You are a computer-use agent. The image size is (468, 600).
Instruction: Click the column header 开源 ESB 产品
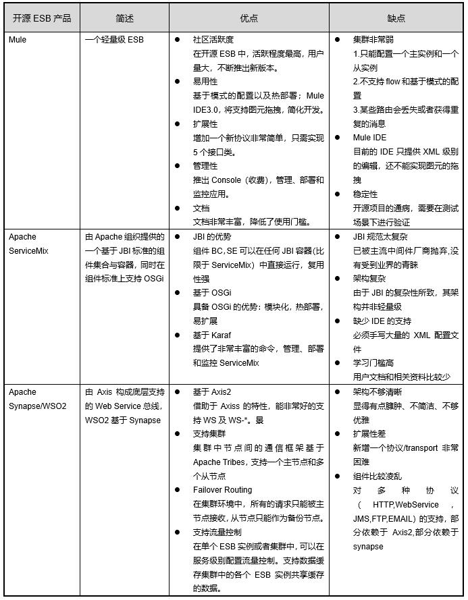coord(41,18)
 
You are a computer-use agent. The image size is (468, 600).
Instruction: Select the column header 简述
coord(124,18)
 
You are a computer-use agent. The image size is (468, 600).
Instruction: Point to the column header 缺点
coord(396,18)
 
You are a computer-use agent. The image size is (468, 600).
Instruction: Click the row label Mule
coord(18,40)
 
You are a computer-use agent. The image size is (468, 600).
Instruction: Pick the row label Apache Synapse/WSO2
coord(37,399)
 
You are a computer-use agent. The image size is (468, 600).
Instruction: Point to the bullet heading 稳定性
coord(365,194)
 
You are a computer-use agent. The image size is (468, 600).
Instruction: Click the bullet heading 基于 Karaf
coord(212,335)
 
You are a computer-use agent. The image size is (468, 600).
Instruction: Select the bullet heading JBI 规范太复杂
coord(380,237)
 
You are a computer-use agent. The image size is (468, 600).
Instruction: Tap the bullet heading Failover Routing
coord(222,490)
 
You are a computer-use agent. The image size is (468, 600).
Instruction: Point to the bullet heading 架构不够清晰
coord(378,392)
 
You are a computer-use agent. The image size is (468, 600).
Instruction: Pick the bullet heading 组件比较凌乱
coord(378,476)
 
